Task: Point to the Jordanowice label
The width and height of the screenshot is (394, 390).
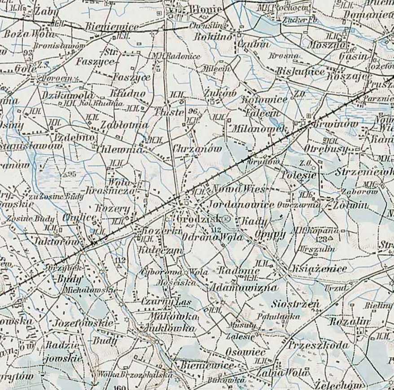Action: [x=241, y=205]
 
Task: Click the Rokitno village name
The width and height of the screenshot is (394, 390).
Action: [x=213, y=37]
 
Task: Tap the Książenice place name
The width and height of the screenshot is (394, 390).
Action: [x=319, y=269]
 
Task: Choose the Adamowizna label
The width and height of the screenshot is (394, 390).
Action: [x=243, y=287]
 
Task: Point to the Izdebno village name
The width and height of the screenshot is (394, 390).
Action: [x=74, y=137]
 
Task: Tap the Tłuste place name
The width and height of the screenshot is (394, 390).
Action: [x=169, y=112]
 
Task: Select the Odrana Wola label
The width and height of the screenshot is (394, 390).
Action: [x=213, y=237]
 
